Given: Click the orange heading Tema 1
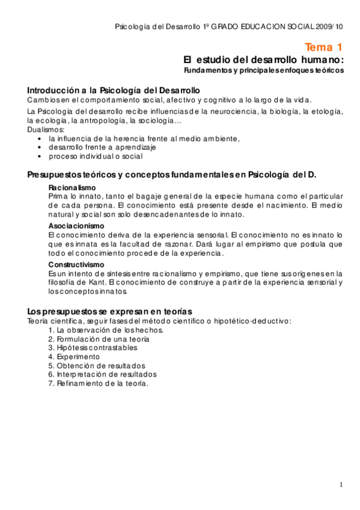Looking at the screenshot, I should (323, 48).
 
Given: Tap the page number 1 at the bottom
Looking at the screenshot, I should (341, 485).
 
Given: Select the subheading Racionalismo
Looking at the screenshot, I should (72, 188).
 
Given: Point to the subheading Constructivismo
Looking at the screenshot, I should (76, 264).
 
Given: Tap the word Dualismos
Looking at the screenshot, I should (46, 129).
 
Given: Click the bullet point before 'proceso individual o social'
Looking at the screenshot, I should (40, 156).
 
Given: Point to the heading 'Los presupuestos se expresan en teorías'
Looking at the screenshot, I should (109, 311).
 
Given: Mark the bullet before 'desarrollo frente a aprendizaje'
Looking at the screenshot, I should (40, 147).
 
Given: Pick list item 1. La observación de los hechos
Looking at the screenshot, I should (106, 330).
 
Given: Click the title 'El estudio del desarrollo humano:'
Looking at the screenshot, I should (263, 60).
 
